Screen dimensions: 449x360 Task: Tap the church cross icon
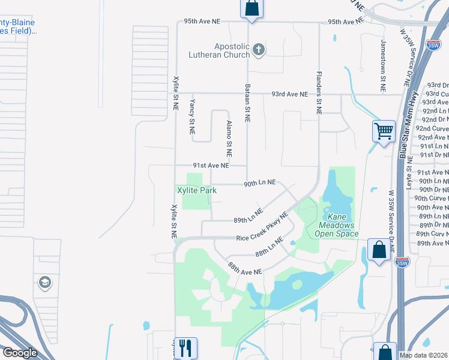click(x=259, y=50)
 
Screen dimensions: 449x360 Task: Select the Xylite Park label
click(x=196, y=190)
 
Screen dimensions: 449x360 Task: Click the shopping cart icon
click(x=383, y=130)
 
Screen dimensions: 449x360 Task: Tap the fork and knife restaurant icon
click(x=186, y=347)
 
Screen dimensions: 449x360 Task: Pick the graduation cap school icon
click(x=44, y=282)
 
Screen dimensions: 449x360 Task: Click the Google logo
click(x=20, y=353)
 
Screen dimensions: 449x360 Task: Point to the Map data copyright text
click(x=424, y=355)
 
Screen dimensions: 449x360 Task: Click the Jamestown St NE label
click(x=382, y=65)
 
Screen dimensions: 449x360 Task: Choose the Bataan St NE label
click(x=247, y=103)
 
